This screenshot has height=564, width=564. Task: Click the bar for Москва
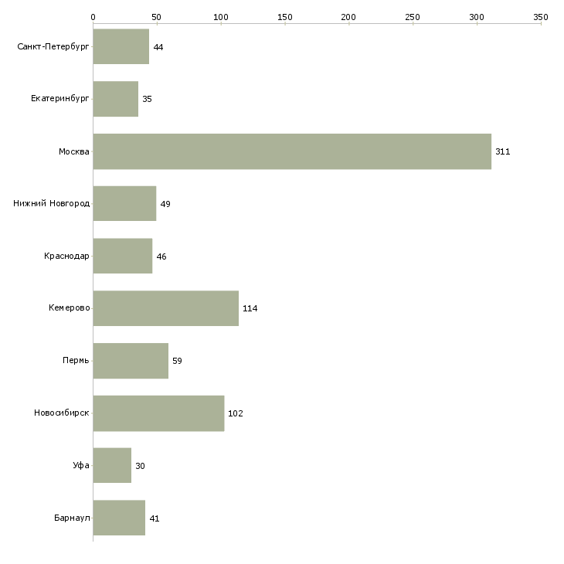pos(292,151)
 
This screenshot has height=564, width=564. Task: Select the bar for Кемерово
pos(166,308)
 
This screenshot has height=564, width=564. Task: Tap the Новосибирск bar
pos(158,413)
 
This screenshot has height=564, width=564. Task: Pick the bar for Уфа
pos(112,465)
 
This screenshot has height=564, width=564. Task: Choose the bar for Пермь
pos(131,361)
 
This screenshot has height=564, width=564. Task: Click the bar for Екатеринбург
pos(115,99)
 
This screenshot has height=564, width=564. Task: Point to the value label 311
pos(502,151)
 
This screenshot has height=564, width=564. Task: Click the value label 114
pos(250,308)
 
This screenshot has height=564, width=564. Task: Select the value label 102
pos(236,413)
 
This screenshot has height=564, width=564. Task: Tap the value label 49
pos(165,204)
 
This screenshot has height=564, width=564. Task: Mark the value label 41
pos(155,518)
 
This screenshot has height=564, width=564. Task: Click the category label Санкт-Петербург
pos(53,47)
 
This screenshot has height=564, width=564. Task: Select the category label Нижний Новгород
pos(52,204)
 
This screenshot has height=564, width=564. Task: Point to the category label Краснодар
pos(66,256)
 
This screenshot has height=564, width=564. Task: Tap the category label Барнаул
pos(72,518)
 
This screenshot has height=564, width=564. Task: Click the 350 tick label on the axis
pos(541,17)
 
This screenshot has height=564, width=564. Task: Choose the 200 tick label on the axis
pos(348,17)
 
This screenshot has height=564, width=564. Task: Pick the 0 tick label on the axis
pos(93,17)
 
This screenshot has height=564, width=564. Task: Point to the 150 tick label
pos(285,17)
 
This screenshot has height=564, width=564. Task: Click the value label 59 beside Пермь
pos(178,361)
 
